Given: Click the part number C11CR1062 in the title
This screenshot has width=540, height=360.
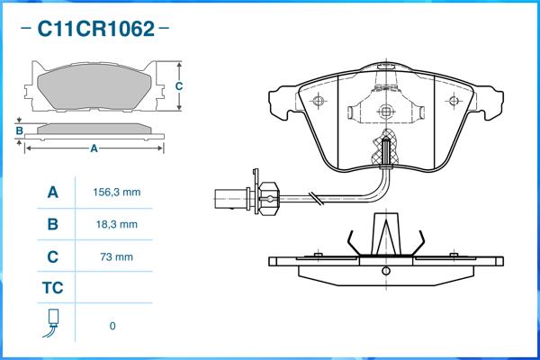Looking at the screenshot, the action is [x=95, y=29].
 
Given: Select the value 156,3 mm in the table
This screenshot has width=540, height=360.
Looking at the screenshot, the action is [x=117, y=193].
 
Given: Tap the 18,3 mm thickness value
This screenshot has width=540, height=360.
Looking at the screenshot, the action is [x=117, y=224].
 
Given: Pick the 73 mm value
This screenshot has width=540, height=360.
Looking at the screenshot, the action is [x=117, y=256].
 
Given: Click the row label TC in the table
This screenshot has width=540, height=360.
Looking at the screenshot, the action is [x=52, y=289].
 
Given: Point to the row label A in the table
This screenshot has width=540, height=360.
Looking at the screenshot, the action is [x=52, y=193].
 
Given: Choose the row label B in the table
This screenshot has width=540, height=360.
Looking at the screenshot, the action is [x=52, y=224].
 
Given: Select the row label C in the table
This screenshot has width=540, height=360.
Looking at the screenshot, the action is [x=52, y=256].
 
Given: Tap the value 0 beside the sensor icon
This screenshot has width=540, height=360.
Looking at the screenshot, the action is [x=112, y=326].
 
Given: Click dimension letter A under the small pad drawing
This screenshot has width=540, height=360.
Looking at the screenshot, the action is [x=94, y=149].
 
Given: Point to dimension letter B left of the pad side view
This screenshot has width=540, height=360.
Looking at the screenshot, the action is [x=19, y=131].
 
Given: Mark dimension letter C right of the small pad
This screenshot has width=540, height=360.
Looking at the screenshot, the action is [x=178, y=86].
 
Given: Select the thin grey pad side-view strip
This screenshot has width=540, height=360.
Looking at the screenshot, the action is [x=94, y=129].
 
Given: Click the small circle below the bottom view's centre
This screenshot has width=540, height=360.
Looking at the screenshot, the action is [x=385, y=269].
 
